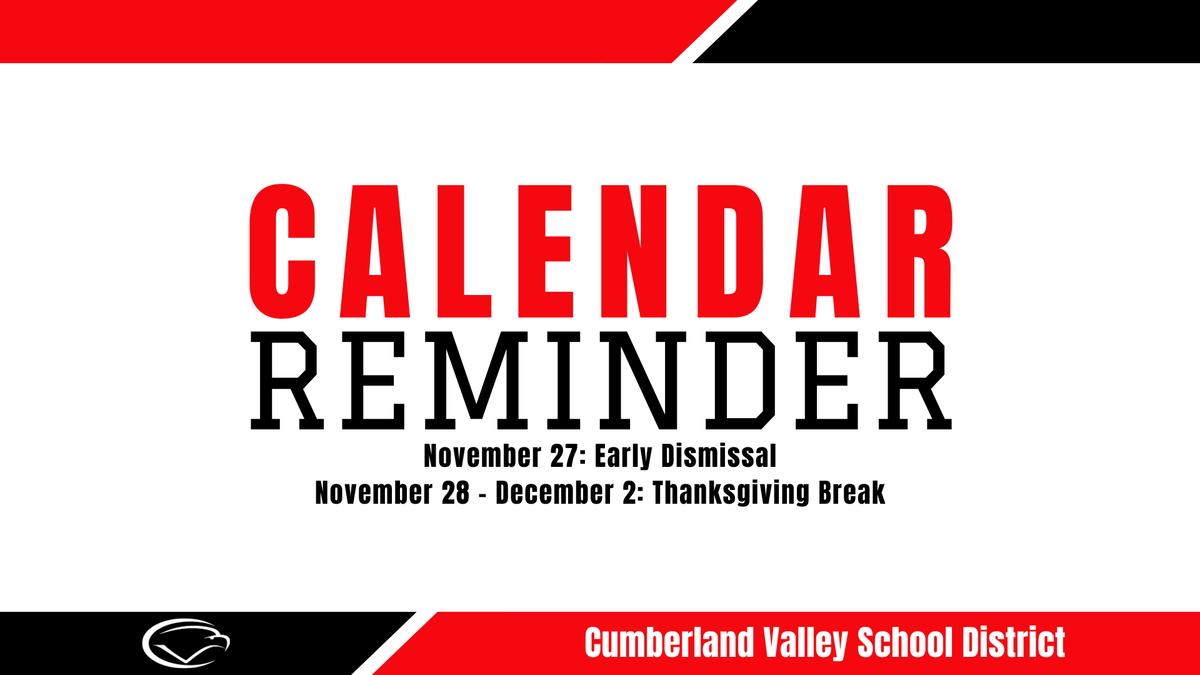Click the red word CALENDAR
(x=600, y=251)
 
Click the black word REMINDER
(x=600, y=380)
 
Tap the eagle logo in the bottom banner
(x=186, y=643)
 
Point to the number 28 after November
(x=456, y=492)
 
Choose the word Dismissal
(x=719, y=456)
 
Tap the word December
(x=554, y=492)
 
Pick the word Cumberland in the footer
(x=669, y=642)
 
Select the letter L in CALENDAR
(x=463, y=251)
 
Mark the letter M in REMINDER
(x=476, y=380)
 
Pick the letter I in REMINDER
(x=564, y=380)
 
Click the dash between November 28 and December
(x=482, y=494)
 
